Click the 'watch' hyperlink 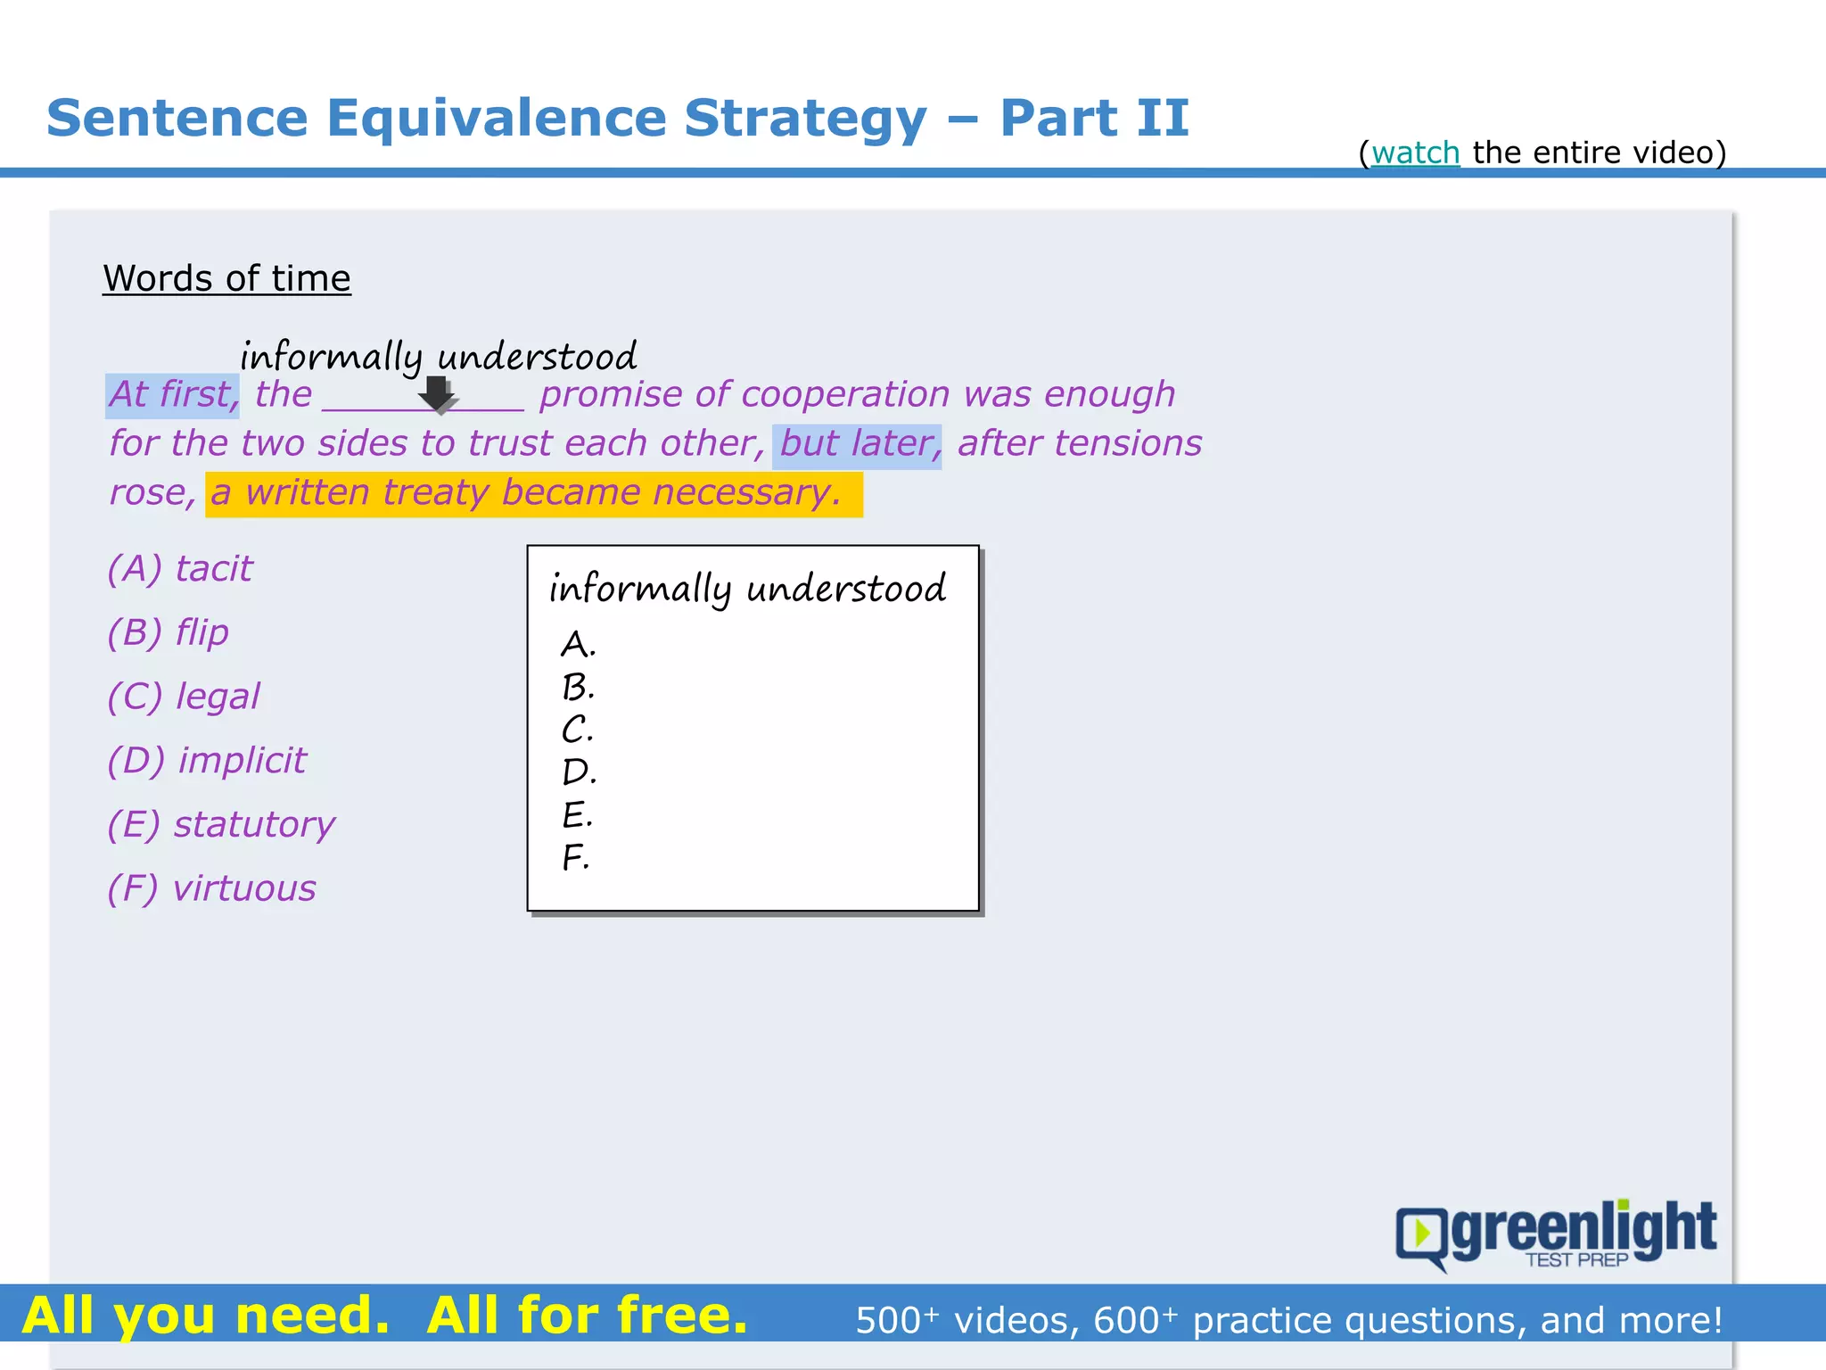pyautogui.click(x=1415, y=153)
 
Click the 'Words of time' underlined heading pyautogui.click(x=226, y=278)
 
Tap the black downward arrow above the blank pyautogui.click(x=437, y=393)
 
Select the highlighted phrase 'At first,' pyautogui.click(x=173, y=395)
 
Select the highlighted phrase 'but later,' pyautogui.click(x=858, y=444)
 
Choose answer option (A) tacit pyautogui.click(x=180, y=569)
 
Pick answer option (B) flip pyautogui.click(x=169, y=633)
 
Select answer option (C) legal pyautogui.click(x=184, y=697)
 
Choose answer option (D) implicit pyautogui.click(x=207, y=761)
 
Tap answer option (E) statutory pyautogui.click(x=221, y=825)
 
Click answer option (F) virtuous pyautogui.click(x=212, y=889)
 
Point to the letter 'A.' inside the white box pyautogui.click(x=578, y=644)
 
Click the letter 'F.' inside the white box pyautogui.click(x=575, y=858)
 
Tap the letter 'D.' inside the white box pyautogui.click(x=579, y=772)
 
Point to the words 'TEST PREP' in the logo pyautogui.click(x=1576, y=1260)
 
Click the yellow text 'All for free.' pyautogui.click(x=587, y=1316)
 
